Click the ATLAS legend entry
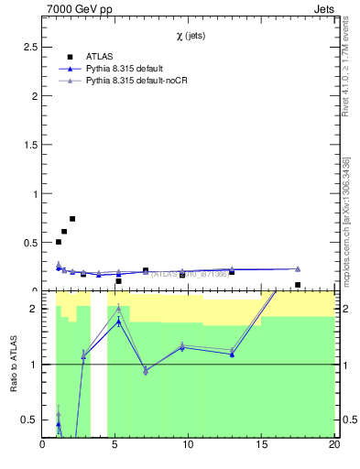(100, 56)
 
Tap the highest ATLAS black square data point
(72, 219)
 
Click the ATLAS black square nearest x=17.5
(298, 285)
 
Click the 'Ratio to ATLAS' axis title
(13, 364)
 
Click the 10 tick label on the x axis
(188, 446)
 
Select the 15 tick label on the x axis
(261, 446)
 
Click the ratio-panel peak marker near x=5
(118, 309)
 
